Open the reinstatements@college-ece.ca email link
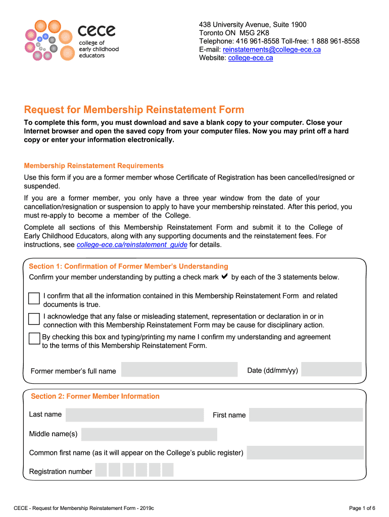(x=272, y=49)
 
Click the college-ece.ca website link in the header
(x=251, y=58)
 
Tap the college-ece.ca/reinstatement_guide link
(x=132, y=245)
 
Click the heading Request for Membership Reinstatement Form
(x=134, y=110)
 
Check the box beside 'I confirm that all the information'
(x=34, y=298)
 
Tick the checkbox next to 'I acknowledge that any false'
(x=34, y=319)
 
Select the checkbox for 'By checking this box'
(x=34, y=339)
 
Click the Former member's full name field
(x=179, y=370)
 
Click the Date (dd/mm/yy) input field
(x=331, y=369)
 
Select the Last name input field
(x=135, y=415)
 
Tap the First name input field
(x=306, y=415)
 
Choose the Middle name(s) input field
(x=149, y=434)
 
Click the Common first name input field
(x=305, y=452)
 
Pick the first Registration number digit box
(x=101, y=471)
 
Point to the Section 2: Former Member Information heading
(x=95, y=396)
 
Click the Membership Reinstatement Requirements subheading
(x=94, y=166)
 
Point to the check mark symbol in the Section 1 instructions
(x=225, y=277)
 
